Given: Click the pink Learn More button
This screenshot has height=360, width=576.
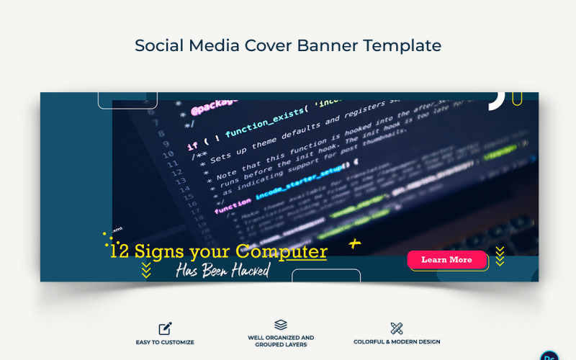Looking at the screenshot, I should (446, 260).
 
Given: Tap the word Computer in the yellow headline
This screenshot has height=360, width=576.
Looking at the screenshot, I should (282, 252).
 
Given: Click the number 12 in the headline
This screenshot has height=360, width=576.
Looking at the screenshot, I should (120, 252).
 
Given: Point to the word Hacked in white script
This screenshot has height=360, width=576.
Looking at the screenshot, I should (245, 271).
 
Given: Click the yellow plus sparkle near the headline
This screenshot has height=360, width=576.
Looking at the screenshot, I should (354, 244).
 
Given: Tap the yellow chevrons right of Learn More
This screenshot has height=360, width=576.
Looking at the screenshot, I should (500, 256).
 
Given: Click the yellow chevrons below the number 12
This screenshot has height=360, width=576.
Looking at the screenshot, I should (146, 270).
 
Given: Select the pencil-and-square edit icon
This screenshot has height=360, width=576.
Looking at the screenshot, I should (166, 328).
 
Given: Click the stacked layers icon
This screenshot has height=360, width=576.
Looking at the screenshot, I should (281, 325).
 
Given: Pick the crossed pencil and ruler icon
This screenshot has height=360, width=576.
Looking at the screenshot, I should (397, 328).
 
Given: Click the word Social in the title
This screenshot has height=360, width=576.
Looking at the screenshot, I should (158, 45).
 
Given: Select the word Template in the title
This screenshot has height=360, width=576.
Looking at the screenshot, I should (402, 45).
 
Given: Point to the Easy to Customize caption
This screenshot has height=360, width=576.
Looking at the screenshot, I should (165, 342).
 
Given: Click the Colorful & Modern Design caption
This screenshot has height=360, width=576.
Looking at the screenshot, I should (397, 342).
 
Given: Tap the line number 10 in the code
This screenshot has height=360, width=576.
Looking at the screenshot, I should (168, 153).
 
